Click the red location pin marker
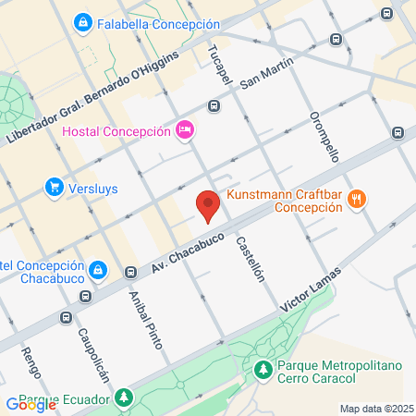coord(208,205)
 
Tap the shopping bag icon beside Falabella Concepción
coord(83,21)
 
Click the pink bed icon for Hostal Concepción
coord(184,129)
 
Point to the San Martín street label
coord(266,73)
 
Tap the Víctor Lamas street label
coord(315,288)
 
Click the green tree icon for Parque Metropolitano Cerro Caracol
coord(263,370)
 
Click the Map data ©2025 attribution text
coord(375,409)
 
